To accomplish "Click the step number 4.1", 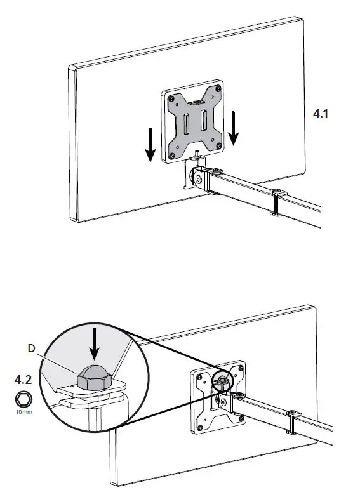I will (x=323, y=114).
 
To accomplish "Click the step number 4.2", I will (x=24, y=381).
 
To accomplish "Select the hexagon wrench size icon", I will (x=24, y=399).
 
